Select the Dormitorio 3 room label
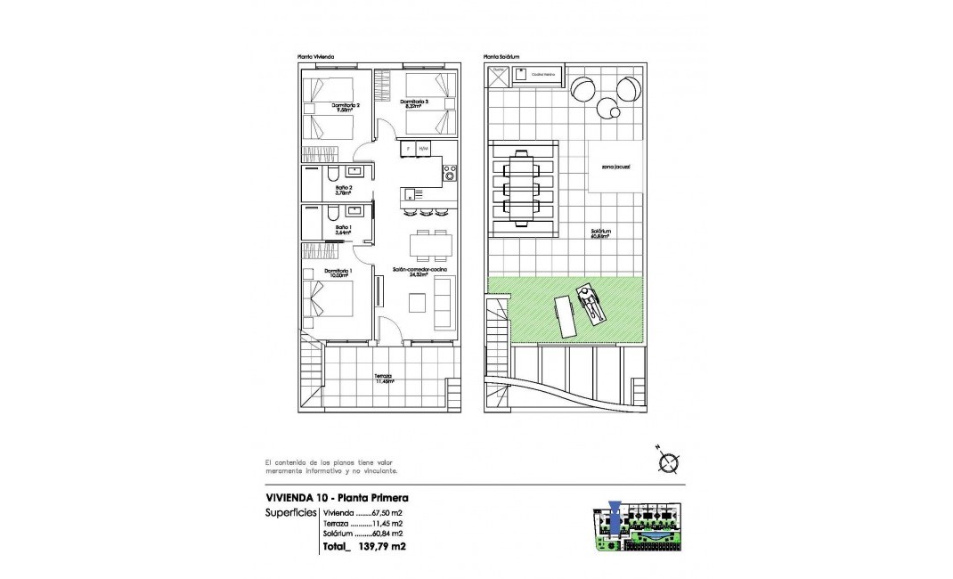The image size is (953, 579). tap(414, 103)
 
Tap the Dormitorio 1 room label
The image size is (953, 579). tap(338, 273)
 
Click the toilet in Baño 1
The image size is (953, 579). tap(331, 214)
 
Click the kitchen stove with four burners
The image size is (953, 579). tap(450, 170)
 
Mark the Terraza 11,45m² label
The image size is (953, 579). tap(384, 379)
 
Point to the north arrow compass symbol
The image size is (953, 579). tap(669, 461)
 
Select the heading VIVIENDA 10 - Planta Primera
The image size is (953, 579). tap(337, 498)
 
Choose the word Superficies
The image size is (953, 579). tap(290, 514)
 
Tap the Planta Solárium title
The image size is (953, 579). tap(501, 55)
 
